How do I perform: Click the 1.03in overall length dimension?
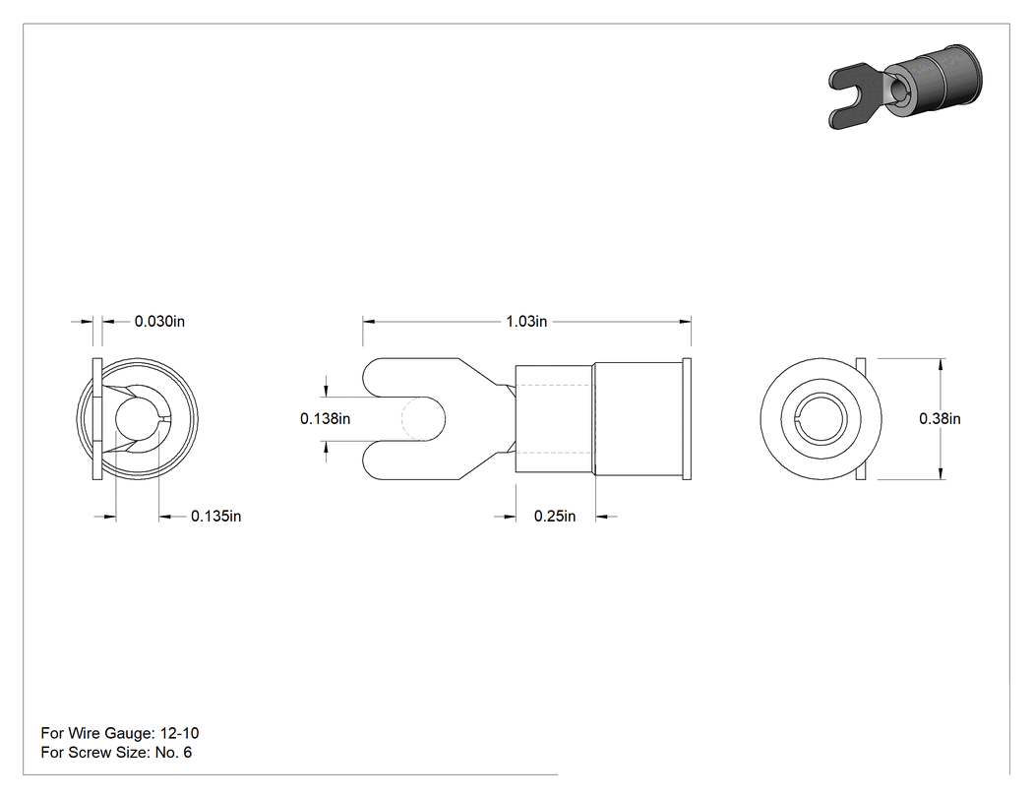(526, 322)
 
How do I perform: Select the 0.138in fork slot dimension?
(325, 418)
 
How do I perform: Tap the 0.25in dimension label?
(555, 516)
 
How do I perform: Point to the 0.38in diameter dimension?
(940, 418)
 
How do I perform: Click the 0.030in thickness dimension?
(159, 322)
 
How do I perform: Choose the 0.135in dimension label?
(216, 516)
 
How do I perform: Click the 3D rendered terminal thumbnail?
(905, 87)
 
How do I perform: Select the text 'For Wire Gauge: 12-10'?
(120, 733)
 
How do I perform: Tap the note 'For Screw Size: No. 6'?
(116, 753)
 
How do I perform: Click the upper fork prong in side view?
(408, 378)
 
